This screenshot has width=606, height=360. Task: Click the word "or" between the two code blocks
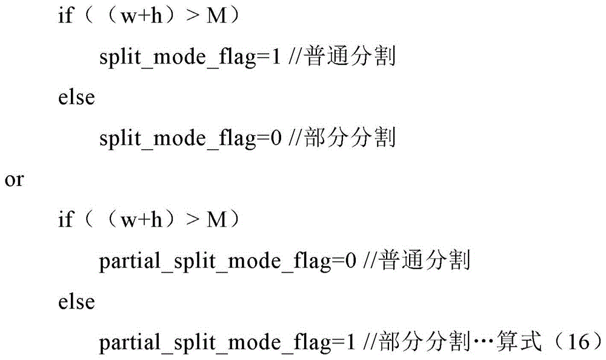coord(15,180)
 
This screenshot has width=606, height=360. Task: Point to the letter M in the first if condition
coord(216,16)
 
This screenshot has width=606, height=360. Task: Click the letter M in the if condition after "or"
coord(216,220)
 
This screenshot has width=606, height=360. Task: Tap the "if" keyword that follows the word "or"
coord(65,219)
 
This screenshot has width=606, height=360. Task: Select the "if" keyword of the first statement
coord(65,16)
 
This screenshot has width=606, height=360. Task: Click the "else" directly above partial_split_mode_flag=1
coord(76,301)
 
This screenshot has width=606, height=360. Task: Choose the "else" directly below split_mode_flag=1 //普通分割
coord(76,97)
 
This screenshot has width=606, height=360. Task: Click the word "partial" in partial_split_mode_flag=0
coord(130,262)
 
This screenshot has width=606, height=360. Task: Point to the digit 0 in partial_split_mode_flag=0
coord(350,261)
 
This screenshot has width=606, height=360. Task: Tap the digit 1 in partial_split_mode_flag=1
coord(350,342)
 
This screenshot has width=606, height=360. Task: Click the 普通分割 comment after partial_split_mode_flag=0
coord(424,260)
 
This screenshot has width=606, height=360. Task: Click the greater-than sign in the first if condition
coord(192,17)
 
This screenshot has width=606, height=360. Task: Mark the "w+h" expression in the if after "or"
coord(141,221)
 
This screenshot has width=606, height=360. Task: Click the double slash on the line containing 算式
coord(370,342)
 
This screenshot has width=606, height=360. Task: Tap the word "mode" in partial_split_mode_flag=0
coord(255,261)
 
